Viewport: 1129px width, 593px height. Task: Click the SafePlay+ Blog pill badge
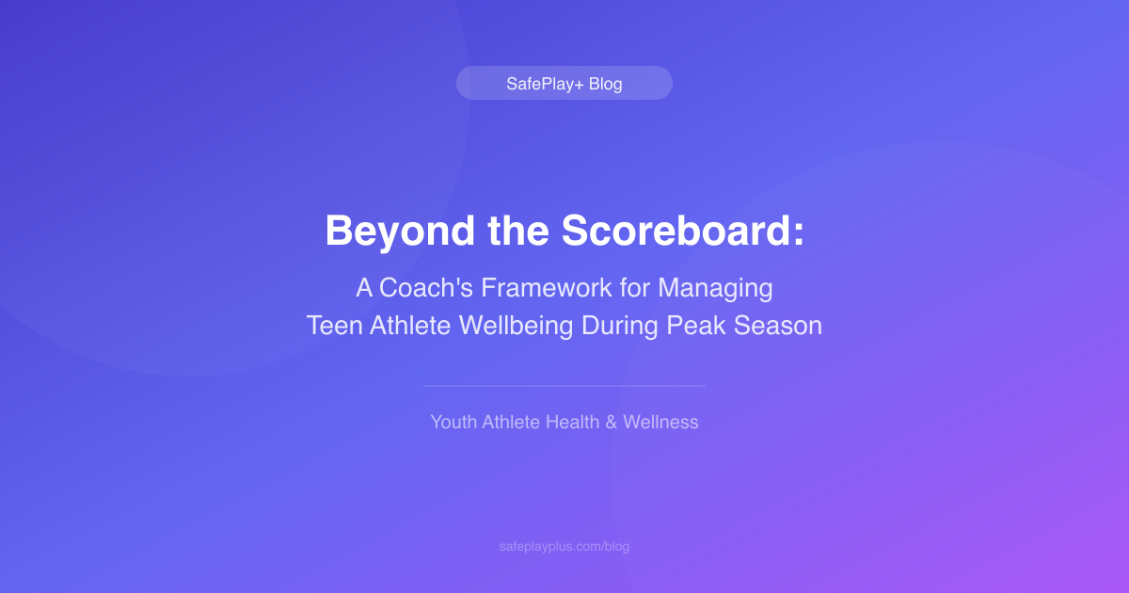(x=564, y=83)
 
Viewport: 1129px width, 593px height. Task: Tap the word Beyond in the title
(x=390, y=231)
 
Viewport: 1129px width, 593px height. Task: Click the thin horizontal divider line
(x=564, y=386)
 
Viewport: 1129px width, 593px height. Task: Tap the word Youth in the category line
(x=453, y=422)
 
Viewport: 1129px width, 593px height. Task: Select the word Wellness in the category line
(x=660, y=422)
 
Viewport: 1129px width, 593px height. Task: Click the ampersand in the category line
(x=611, y=422)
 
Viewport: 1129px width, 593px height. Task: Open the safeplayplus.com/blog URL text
(x=564, y=546)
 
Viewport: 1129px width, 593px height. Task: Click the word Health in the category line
(x=572, y=422)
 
